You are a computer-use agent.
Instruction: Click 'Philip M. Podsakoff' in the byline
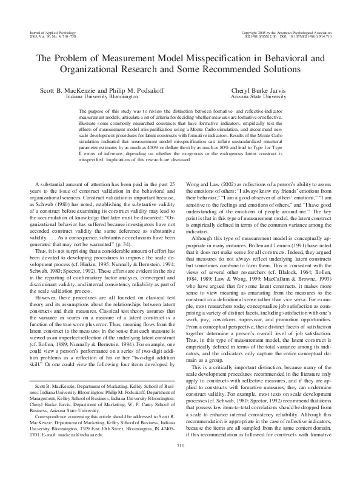(x=136, y=90)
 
